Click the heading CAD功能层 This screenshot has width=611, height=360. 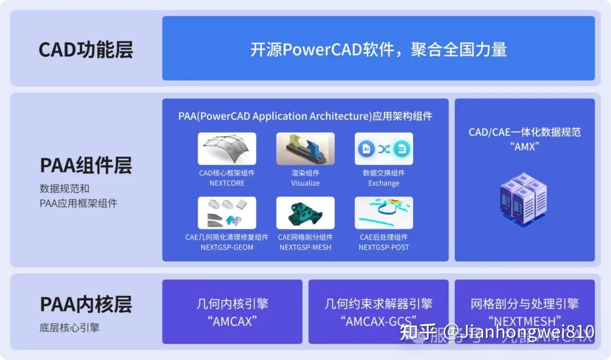pos(85,49)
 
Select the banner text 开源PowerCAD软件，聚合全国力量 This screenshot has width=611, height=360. pos(378,49)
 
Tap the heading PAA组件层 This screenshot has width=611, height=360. pos(85,165)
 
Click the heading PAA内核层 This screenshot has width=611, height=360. pos(85,304)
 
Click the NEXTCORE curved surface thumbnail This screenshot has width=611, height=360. pos(227,148)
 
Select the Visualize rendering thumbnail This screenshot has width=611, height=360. pos(305,148)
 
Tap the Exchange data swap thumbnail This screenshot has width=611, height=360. pos(384,148)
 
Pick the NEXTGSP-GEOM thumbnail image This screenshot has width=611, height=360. pos(227,213)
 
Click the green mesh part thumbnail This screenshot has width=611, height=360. pos(305,213)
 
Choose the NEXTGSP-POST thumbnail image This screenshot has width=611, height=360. pos(384,213)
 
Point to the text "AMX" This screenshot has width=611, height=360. pos(524,146)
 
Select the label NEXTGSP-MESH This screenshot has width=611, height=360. pos(305,247)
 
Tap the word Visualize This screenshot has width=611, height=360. pos(305,183)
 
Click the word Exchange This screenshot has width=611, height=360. pos(384,183)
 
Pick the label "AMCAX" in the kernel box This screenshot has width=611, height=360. pos(232,321)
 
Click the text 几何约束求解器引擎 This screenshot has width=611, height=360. pos(378,304)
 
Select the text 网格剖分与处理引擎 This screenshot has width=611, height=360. pos(524,304)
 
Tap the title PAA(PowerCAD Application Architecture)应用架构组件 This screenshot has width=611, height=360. pos(305,117)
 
